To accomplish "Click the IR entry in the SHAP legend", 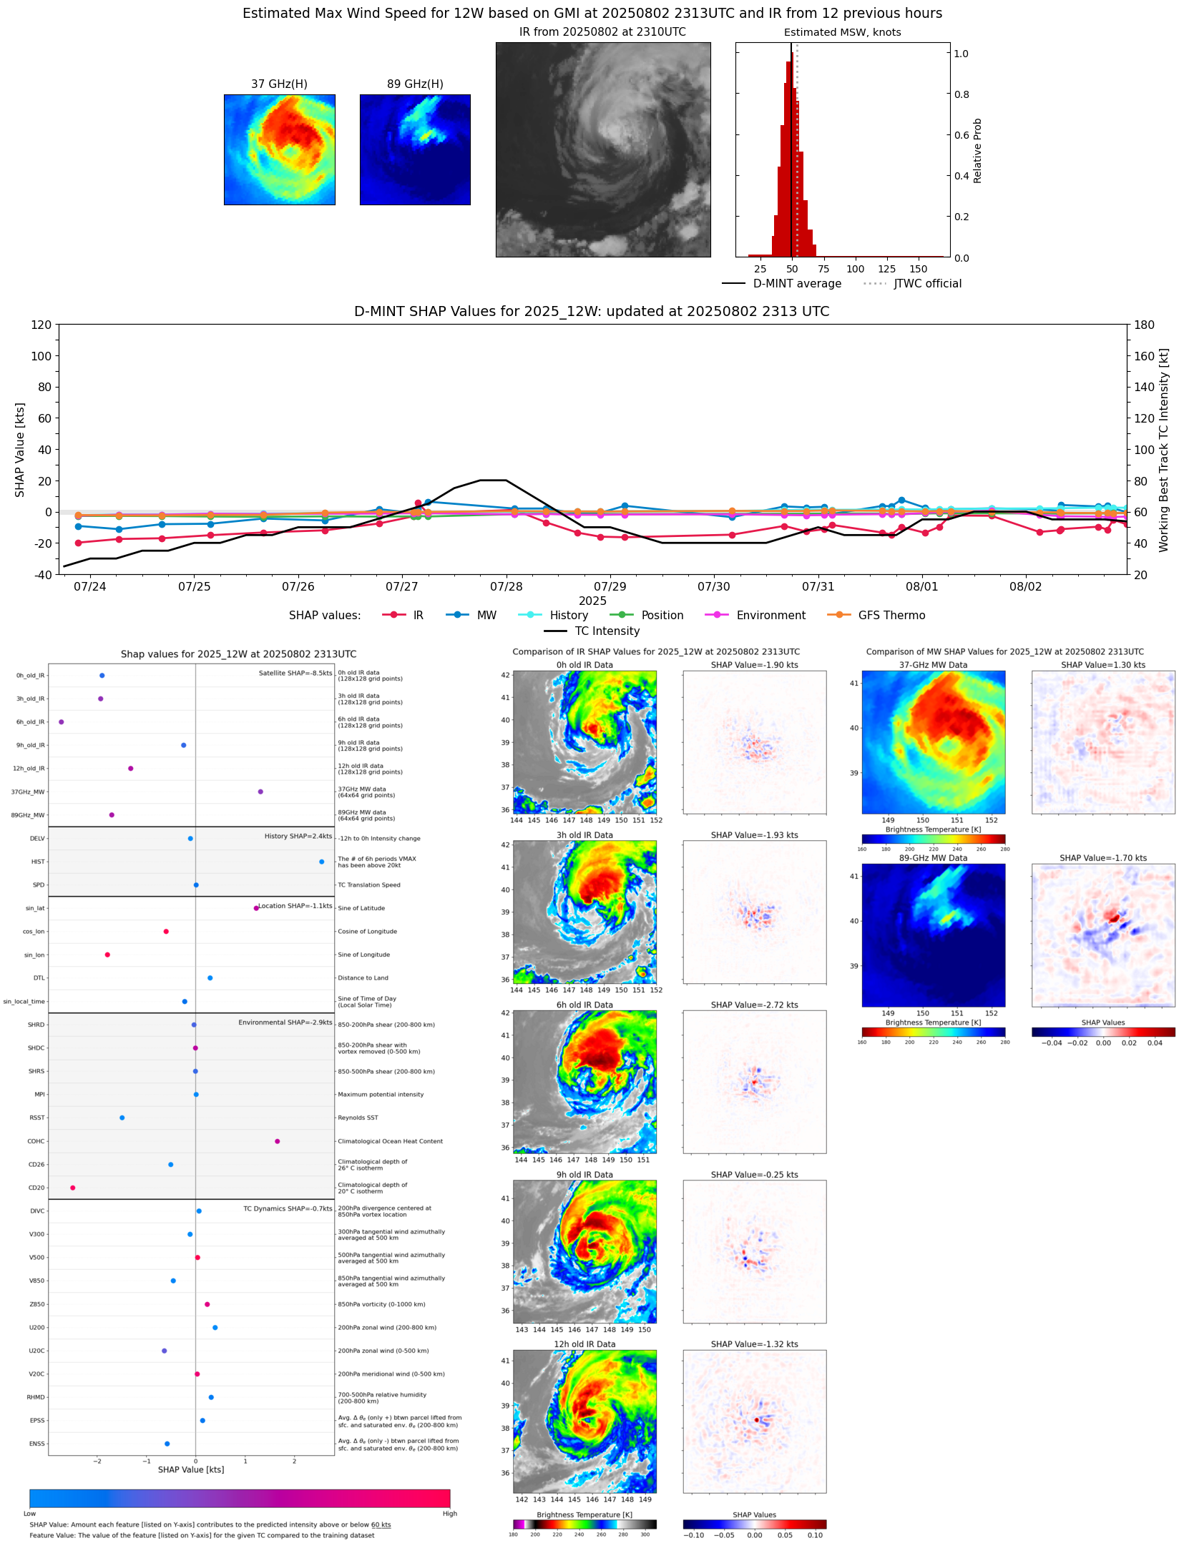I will click(x=418, y=615).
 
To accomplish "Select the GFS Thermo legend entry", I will click(x=891, y=615).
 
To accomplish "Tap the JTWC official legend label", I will click(x=927, y=283).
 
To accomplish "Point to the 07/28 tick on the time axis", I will click(x=506, y=586).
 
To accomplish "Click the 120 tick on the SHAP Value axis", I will click(x=41, y=325).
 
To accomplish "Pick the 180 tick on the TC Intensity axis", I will click(x=1144, y=325).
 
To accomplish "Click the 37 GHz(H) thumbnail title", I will click(x=279, y=84).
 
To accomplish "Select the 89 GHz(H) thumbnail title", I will click(x=415, y=84).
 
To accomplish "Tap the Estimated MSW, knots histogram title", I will click(x=842, y=32).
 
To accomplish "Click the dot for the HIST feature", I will click(x=321, y=862).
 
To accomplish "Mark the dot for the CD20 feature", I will click(x=73, y=1188).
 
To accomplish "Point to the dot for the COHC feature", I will click(x=278, y=1141).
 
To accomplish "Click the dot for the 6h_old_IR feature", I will click(x=62, y=722).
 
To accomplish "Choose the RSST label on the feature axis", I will click(x=36, y=1118).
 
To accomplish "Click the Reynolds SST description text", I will click(x=358, y=1118).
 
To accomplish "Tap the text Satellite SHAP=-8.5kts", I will click(x=295, y=673).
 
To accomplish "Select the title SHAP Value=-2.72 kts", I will click(x=754, y=1005).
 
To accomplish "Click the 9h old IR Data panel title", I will click(x=584, y=1175).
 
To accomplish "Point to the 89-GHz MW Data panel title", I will click(x=933, y=858).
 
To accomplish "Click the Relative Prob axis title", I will click(x=977, y=150).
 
